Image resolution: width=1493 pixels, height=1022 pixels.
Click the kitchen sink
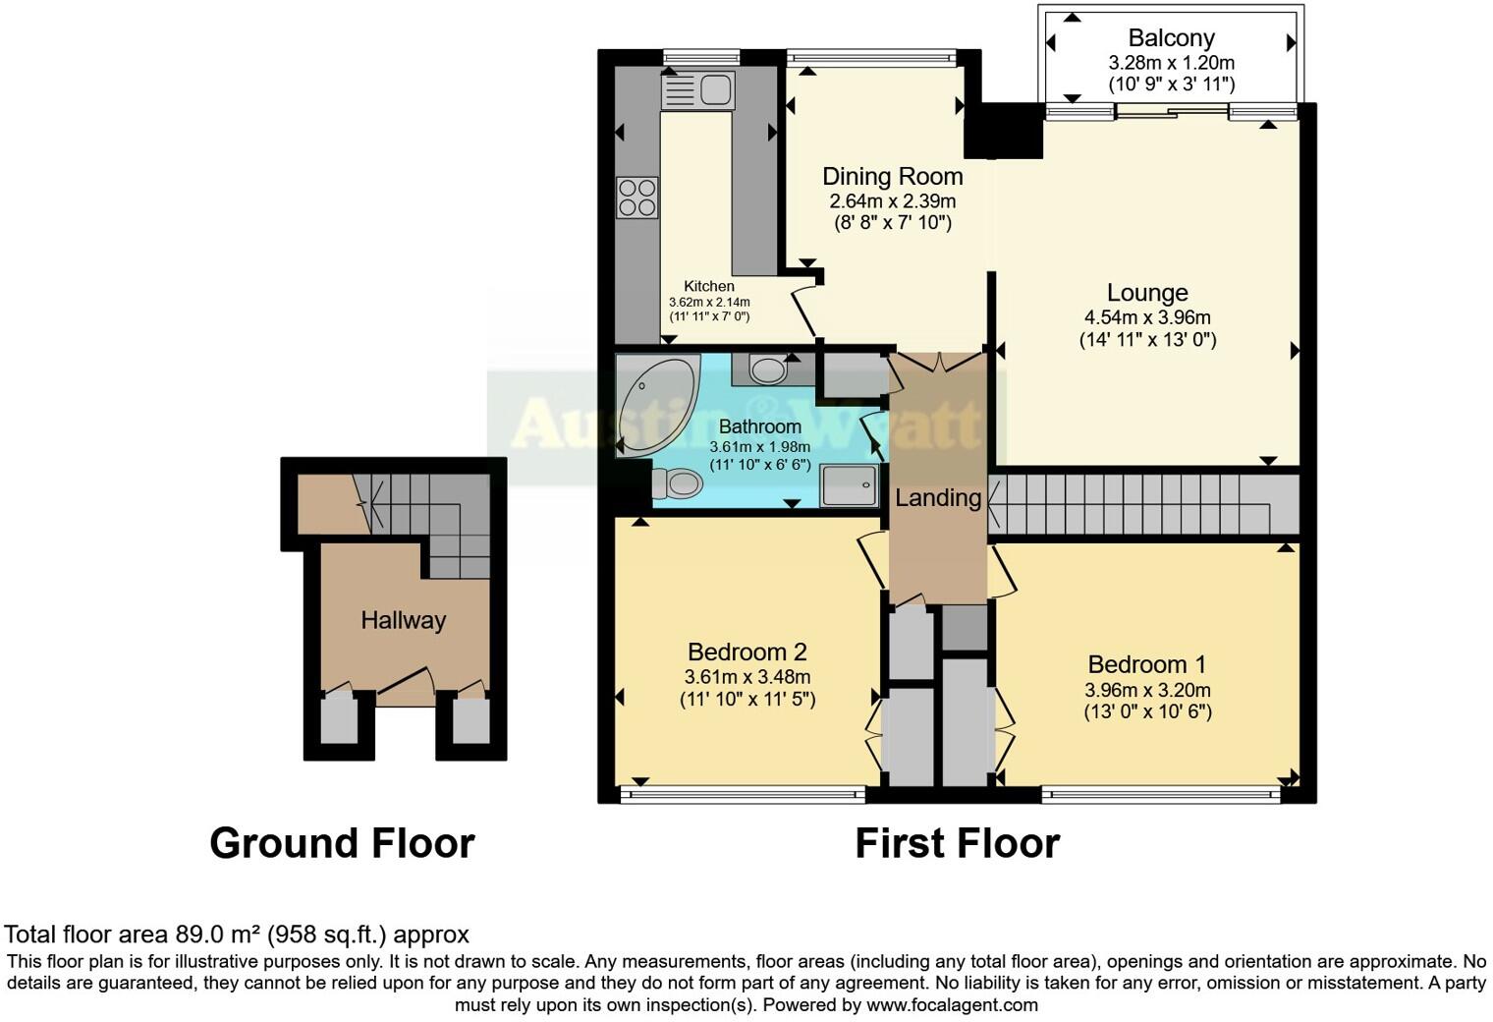coord(698,91)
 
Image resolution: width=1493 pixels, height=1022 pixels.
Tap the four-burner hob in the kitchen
coord(636,198)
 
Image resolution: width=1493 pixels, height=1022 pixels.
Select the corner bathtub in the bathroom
coord(652,406)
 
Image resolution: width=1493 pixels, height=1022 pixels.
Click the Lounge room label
coord(1147,293)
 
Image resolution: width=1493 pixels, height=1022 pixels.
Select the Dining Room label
coord(892,177)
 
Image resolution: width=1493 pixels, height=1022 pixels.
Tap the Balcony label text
coord(1171,38)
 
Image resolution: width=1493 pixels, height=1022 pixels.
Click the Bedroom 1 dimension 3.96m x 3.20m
coord(1147,689)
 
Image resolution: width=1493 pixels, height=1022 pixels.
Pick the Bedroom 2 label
coord(746,652)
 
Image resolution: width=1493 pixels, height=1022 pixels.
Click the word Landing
coord(938,498)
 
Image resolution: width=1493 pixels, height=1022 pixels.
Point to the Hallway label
coord(403,620)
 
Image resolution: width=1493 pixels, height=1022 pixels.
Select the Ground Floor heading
coord(342,843)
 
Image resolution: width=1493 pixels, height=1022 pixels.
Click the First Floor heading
coord(957,843)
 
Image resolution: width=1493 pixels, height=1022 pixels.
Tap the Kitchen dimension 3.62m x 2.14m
coord(709,302)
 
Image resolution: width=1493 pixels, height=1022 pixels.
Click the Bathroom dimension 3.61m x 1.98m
coord(759,446)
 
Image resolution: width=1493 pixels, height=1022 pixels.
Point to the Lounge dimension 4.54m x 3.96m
coord(1147,317)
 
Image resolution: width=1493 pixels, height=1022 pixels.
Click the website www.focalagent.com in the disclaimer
coord(952,1004)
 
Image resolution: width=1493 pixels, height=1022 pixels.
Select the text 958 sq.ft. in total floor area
coord(324,934)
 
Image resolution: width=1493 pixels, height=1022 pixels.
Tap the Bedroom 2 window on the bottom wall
coord(743,794)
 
